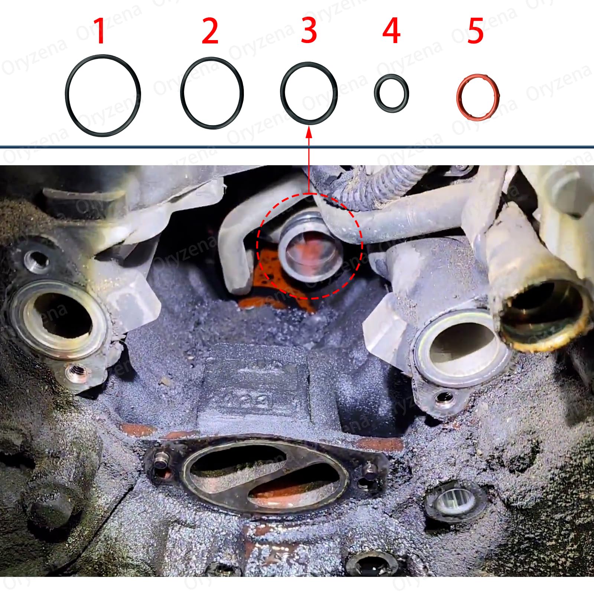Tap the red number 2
pos(210,31)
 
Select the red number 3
pos(309,31)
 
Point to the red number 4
pos(391,31)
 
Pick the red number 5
pos(476,31)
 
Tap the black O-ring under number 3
pos(282,93)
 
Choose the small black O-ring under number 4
pos(376,93)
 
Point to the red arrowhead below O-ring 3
pos(309,131)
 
